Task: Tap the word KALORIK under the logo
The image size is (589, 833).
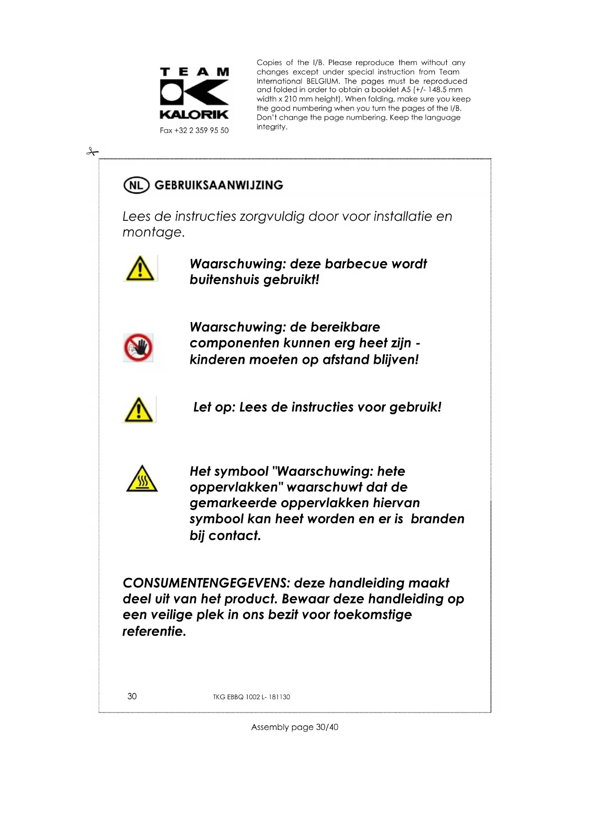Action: click(x=194, y=114)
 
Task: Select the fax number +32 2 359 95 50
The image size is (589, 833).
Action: click(x=194, y=131)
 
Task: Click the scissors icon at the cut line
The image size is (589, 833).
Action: click(x=93, y=152)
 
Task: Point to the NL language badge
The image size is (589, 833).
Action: click(x=136, y=185)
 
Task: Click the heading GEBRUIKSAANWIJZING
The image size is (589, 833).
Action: click(x=219, y=185)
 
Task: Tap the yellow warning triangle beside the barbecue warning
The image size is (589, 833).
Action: click(x=140, y=268)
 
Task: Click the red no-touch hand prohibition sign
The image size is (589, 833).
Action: click(x=138, y=348)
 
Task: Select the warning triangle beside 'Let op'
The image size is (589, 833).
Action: click(x=139, y=409)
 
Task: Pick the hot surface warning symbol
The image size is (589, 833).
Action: click(x=142, y=479)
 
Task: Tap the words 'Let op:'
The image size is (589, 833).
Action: click(x=214, y=407)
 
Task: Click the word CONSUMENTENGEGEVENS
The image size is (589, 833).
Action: click(x=206, y=583)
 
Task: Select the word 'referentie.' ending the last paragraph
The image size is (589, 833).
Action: click(x=154, y=631)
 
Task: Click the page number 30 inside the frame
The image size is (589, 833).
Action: click(x=132, y=696)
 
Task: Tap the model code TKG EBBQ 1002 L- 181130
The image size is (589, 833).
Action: click(x=251, y=697)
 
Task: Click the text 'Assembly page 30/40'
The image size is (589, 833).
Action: click(x=294, y=727)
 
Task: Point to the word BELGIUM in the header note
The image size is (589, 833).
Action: click(x=323, y=81)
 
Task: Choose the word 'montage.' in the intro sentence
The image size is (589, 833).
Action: click(x=153, y=232)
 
